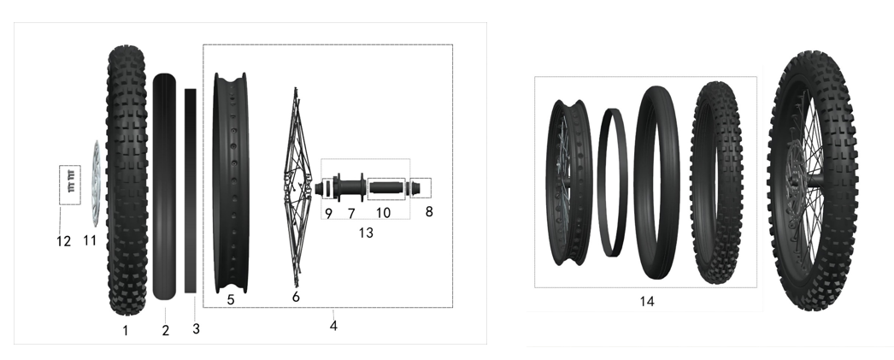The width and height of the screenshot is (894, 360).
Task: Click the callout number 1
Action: pos(126,330)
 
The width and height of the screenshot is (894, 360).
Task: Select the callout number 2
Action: pos(165,330)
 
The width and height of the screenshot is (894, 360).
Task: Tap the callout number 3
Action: pos(196,328)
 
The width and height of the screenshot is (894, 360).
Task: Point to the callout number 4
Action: pos(333,326)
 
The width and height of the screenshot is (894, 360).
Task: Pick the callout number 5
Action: pos(231,299)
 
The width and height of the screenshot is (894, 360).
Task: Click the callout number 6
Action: pos(296,297)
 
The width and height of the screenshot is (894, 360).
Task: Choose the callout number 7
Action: pos(351,214)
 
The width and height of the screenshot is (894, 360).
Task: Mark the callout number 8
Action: pos(429,212)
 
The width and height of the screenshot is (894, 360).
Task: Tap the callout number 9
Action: pos(328,214)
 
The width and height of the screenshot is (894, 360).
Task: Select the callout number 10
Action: pos(383,213)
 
